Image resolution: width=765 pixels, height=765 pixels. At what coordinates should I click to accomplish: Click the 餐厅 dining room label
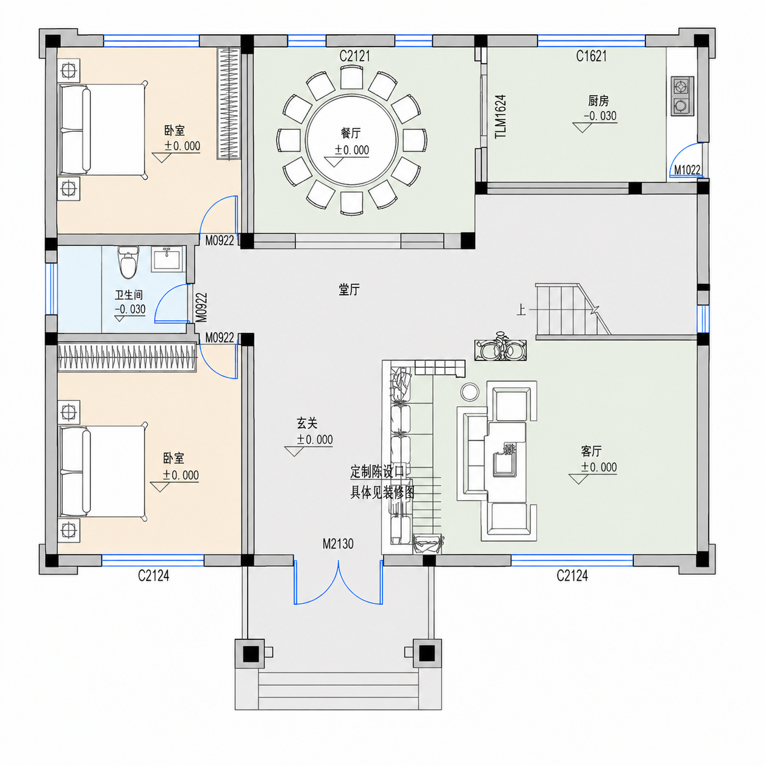351,133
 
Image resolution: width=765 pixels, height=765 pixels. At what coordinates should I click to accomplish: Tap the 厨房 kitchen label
598,101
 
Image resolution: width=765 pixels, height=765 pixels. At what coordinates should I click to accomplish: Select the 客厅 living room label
591,451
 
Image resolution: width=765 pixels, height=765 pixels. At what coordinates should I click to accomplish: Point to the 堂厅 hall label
350,289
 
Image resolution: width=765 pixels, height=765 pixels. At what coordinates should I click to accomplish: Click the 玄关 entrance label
307,423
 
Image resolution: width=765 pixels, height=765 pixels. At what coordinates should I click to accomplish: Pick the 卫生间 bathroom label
129,295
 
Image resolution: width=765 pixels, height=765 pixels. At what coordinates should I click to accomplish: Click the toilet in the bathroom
128,262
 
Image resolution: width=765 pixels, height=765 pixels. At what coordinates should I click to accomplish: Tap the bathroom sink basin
168,259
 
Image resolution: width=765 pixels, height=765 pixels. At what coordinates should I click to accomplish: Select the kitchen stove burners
682,96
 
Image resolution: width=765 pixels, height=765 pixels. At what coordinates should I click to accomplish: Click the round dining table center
352,140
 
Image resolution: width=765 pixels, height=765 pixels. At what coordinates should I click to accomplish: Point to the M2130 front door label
338,544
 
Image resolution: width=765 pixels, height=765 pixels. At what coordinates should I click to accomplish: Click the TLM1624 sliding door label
501,117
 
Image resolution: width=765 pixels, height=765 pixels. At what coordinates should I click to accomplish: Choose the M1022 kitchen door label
687,170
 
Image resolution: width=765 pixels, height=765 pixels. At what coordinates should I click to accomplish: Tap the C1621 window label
592,56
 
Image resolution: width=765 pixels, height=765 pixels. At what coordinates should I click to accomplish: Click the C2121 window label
354,56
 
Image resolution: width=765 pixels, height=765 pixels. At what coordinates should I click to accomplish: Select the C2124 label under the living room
572,575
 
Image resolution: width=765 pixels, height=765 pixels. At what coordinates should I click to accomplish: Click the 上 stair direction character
521,310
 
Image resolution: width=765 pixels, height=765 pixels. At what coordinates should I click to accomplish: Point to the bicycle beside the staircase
501,347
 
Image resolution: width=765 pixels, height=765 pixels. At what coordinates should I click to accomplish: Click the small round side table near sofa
470,392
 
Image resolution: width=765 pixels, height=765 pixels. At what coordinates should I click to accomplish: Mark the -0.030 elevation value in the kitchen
600,116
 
